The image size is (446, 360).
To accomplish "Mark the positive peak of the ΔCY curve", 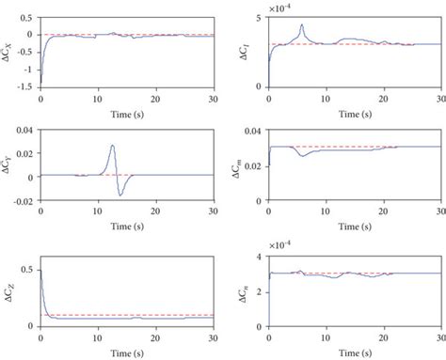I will coord(112,146).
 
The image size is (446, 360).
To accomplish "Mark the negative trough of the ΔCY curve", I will coord(121,194).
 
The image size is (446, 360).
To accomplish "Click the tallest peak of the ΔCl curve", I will coord(302,25).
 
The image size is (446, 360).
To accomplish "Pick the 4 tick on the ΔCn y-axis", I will coord(262,256).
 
